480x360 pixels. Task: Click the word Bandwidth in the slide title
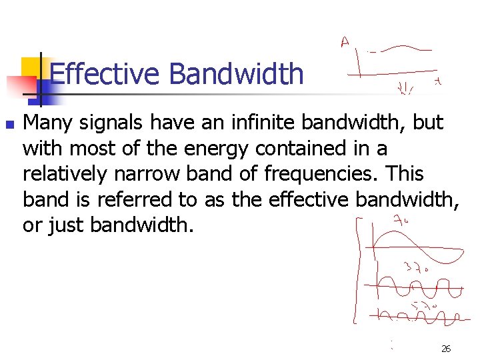pyautogui.click(x=236, y=74)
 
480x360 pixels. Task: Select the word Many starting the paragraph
pyautogui.click(x=47, y=123)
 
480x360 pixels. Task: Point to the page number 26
pyautogui.click(x=446, y=349)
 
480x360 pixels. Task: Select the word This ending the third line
pyautogui.click(x=405, y=174)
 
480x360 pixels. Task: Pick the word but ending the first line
pyautogui.click(x=428, y=123)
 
